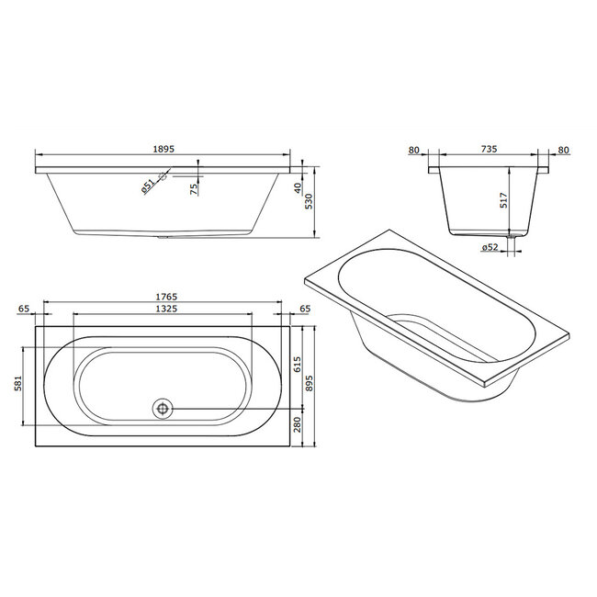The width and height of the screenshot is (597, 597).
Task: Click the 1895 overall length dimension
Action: coord(163,149)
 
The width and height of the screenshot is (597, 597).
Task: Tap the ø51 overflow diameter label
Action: coord(148,186)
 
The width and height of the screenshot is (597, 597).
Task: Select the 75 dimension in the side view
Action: coord(194,189)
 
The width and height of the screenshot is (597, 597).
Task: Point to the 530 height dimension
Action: coord(309,201)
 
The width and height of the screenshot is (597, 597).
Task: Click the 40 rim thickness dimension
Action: coord(298,188)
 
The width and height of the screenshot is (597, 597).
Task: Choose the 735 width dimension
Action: coord(489,149)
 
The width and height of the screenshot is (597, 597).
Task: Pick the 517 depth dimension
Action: coord(503,200)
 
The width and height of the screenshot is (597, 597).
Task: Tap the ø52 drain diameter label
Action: coord(490,247)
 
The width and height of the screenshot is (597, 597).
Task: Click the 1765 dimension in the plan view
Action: coord(166,297)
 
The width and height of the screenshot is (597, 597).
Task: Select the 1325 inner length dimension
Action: coord(166,309)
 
